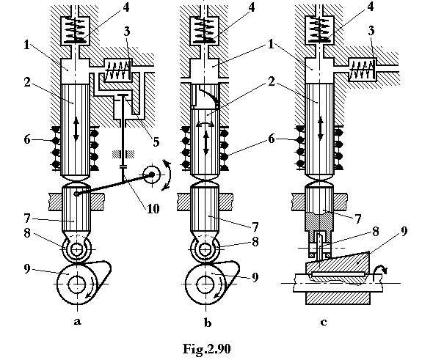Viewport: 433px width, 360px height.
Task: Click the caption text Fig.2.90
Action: pyautogui.click(x=206, y=348)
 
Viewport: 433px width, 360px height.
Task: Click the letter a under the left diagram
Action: pyautogui.click(x=78, y=321)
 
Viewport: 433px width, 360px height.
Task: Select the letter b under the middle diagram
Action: pyautogui.click(x=208, y=322)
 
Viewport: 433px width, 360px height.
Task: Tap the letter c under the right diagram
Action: pyautogui.click(x=324, y=322)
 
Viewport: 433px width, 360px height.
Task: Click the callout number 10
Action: pyautogui.click(x=153, y=208)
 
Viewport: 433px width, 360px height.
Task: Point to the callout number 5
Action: pyautogui.click(x=156, y=142)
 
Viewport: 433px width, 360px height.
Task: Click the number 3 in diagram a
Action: pyautogui.click(x=127, y=32)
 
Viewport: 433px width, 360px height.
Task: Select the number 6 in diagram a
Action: pyautogui.click(x=26, y=139)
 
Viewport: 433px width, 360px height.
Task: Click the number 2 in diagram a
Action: pyautogui.click(x=26, y=81)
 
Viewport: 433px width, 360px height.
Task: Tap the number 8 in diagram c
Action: pyautogui.click(x=375, y=232)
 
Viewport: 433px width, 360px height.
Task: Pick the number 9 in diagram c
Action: pyautogui.click(x=404, y=231)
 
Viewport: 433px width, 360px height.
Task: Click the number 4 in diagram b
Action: pyautogui.click(x=251, y=7)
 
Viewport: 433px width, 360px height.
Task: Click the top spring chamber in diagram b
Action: pyautogui.click(x=204, y=31)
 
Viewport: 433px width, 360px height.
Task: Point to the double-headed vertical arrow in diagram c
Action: pyautogui.click(x=320, y=128)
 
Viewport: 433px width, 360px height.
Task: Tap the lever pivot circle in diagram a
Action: pyautogui.click(x=152, y=175)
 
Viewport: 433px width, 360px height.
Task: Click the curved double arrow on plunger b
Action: pyautogui.click(x=205, y=125)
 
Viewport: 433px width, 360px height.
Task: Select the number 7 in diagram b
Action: pyautogui.click(x=255, y=227)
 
